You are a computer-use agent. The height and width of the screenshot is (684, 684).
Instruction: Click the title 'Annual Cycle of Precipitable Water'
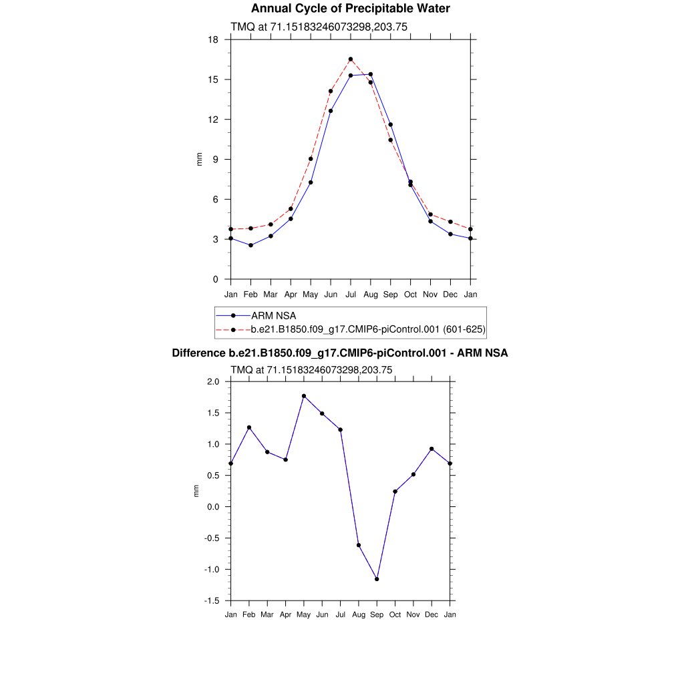click(x=350, y=9)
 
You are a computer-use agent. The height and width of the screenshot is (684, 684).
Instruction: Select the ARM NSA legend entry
click(x=273, y=315)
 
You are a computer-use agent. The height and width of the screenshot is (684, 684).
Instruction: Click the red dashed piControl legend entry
click(x=367, y=329)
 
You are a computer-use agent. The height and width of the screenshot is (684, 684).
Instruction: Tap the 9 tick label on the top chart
click(x=216, y=160)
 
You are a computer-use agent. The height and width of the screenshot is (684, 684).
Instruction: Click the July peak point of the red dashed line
click(x=351, y=59)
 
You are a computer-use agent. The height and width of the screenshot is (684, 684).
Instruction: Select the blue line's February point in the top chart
click(x=250, y=245)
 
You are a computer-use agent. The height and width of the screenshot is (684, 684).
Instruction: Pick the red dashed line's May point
click(x=311, y=159)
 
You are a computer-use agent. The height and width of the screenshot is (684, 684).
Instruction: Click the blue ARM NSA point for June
click(x=331, y=111)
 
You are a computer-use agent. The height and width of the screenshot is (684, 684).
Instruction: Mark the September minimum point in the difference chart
click(x=377, y=579)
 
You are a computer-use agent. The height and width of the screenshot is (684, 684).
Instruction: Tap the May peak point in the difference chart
click(x=304, y=396)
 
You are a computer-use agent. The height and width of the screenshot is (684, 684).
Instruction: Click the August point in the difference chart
click(x=359, y=545)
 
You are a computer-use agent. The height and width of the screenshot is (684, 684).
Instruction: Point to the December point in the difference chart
click(x=432, y=449)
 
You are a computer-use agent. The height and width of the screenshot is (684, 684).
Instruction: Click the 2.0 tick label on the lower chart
click(x=213, y=382)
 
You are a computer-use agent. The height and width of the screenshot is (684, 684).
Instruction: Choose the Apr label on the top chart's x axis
click(x=291, y=294)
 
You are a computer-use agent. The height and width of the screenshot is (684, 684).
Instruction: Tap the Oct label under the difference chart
click(x=395, y=615)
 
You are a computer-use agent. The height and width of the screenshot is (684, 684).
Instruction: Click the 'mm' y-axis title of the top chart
click(x=199, y=159)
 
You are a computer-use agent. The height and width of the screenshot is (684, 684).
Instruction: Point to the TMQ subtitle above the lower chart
click(x=311, y=369)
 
